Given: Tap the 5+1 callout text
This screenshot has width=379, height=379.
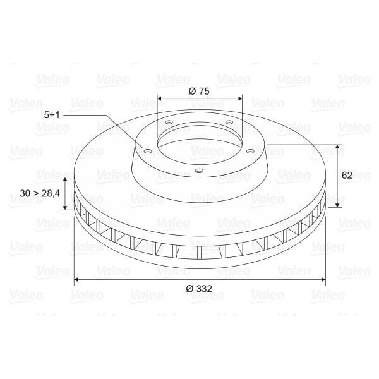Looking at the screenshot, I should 53,114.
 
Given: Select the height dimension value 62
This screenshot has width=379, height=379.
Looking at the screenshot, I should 347,176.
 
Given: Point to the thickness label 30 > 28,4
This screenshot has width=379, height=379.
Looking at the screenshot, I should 40,193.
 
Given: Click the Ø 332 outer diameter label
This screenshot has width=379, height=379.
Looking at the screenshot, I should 200,289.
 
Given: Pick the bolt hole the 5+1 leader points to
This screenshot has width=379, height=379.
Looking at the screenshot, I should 147,151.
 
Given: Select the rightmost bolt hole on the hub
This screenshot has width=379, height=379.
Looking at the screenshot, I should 251,151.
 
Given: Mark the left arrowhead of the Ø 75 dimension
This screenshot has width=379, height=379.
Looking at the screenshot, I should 160,99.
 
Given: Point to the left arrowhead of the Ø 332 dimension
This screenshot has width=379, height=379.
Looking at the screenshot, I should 77,279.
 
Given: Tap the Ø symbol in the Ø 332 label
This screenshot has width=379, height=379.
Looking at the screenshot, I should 189,289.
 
